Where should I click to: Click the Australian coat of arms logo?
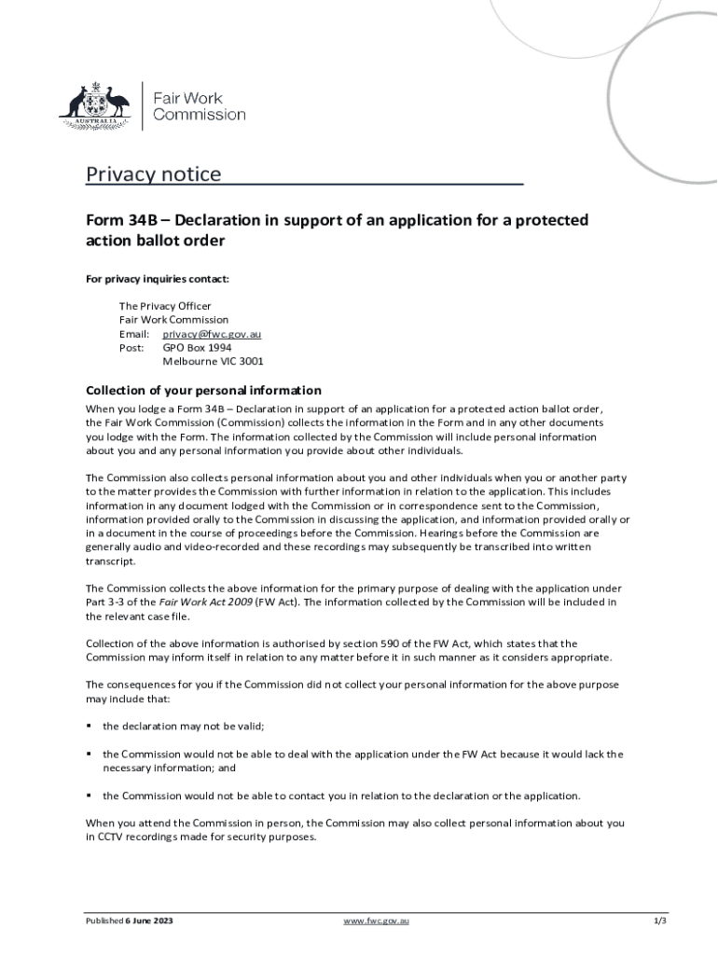94,105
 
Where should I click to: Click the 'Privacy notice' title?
154,174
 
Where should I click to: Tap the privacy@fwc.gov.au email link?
212,334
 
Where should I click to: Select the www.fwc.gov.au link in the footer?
376,921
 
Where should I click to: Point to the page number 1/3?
659,921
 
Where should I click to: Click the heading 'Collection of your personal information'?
203,390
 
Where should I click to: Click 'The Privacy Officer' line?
165,306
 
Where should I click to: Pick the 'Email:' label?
134,334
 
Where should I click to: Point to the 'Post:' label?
131,347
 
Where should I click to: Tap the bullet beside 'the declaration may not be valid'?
90,726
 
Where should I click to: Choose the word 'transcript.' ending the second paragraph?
111,561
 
